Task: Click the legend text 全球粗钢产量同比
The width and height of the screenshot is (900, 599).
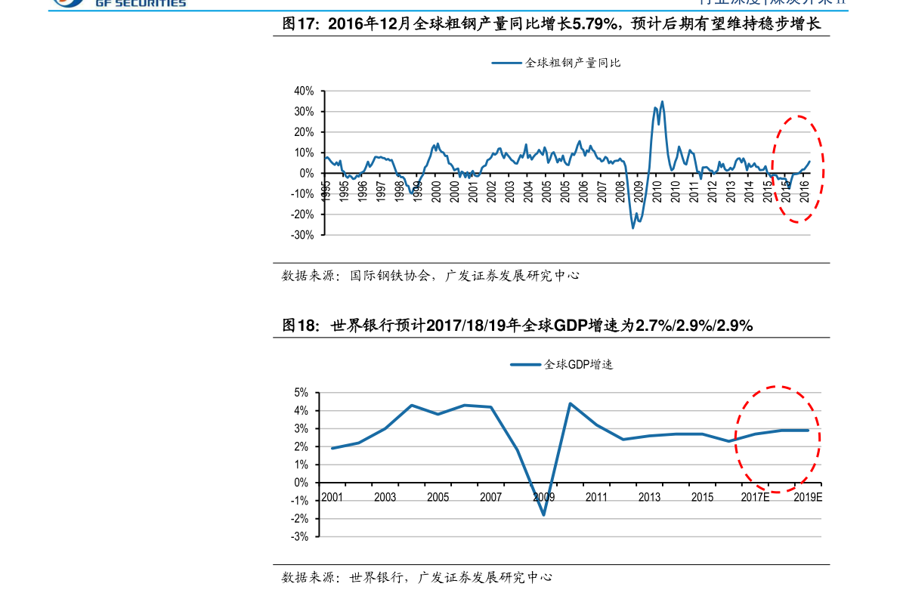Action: tap(573, 63)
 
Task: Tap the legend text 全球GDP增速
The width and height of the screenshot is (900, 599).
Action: tap(578, 364)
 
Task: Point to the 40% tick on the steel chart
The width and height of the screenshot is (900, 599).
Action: tap(304, 91)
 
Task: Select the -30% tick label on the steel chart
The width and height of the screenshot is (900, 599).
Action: tap(302, 235)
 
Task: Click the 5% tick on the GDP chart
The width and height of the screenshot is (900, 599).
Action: tap(301, 393)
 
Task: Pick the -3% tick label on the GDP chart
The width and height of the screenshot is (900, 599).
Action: tap(300, 537)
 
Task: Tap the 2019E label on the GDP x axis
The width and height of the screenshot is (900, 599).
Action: tap(808, 497)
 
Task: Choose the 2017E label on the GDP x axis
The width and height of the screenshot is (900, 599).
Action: tap(755, 497)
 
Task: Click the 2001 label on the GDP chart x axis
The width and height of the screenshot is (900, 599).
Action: tap(332, 497)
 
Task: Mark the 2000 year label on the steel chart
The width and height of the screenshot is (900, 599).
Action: tap(436, 190)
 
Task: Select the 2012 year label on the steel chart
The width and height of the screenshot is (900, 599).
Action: tap(712, 190)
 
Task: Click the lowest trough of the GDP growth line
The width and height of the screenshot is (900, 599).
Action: tap(543, 515)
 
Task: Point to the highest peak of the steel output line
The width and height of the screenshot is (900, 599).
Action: tap(662, 101)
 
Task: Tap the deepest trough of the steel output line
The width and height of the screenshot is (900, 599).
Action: tap(633, 227)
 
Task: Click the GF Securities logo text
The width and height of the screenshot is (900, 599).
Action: tap(141, 4)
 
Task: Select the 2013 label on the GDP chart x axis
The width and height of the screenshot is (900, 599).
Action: tap(649, 497)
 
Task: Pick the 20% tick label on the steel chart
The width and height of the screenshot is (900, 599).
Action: tap(304, 132)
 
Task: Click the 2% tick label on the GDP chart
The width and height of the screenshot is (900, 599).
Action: tap(301, 447)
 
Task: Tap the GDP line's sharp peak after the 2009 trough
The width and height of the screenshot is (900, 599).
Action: tap(570, 403)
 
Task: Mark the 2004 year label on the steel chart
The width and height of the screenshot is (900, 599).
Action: tap(527, 190)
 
